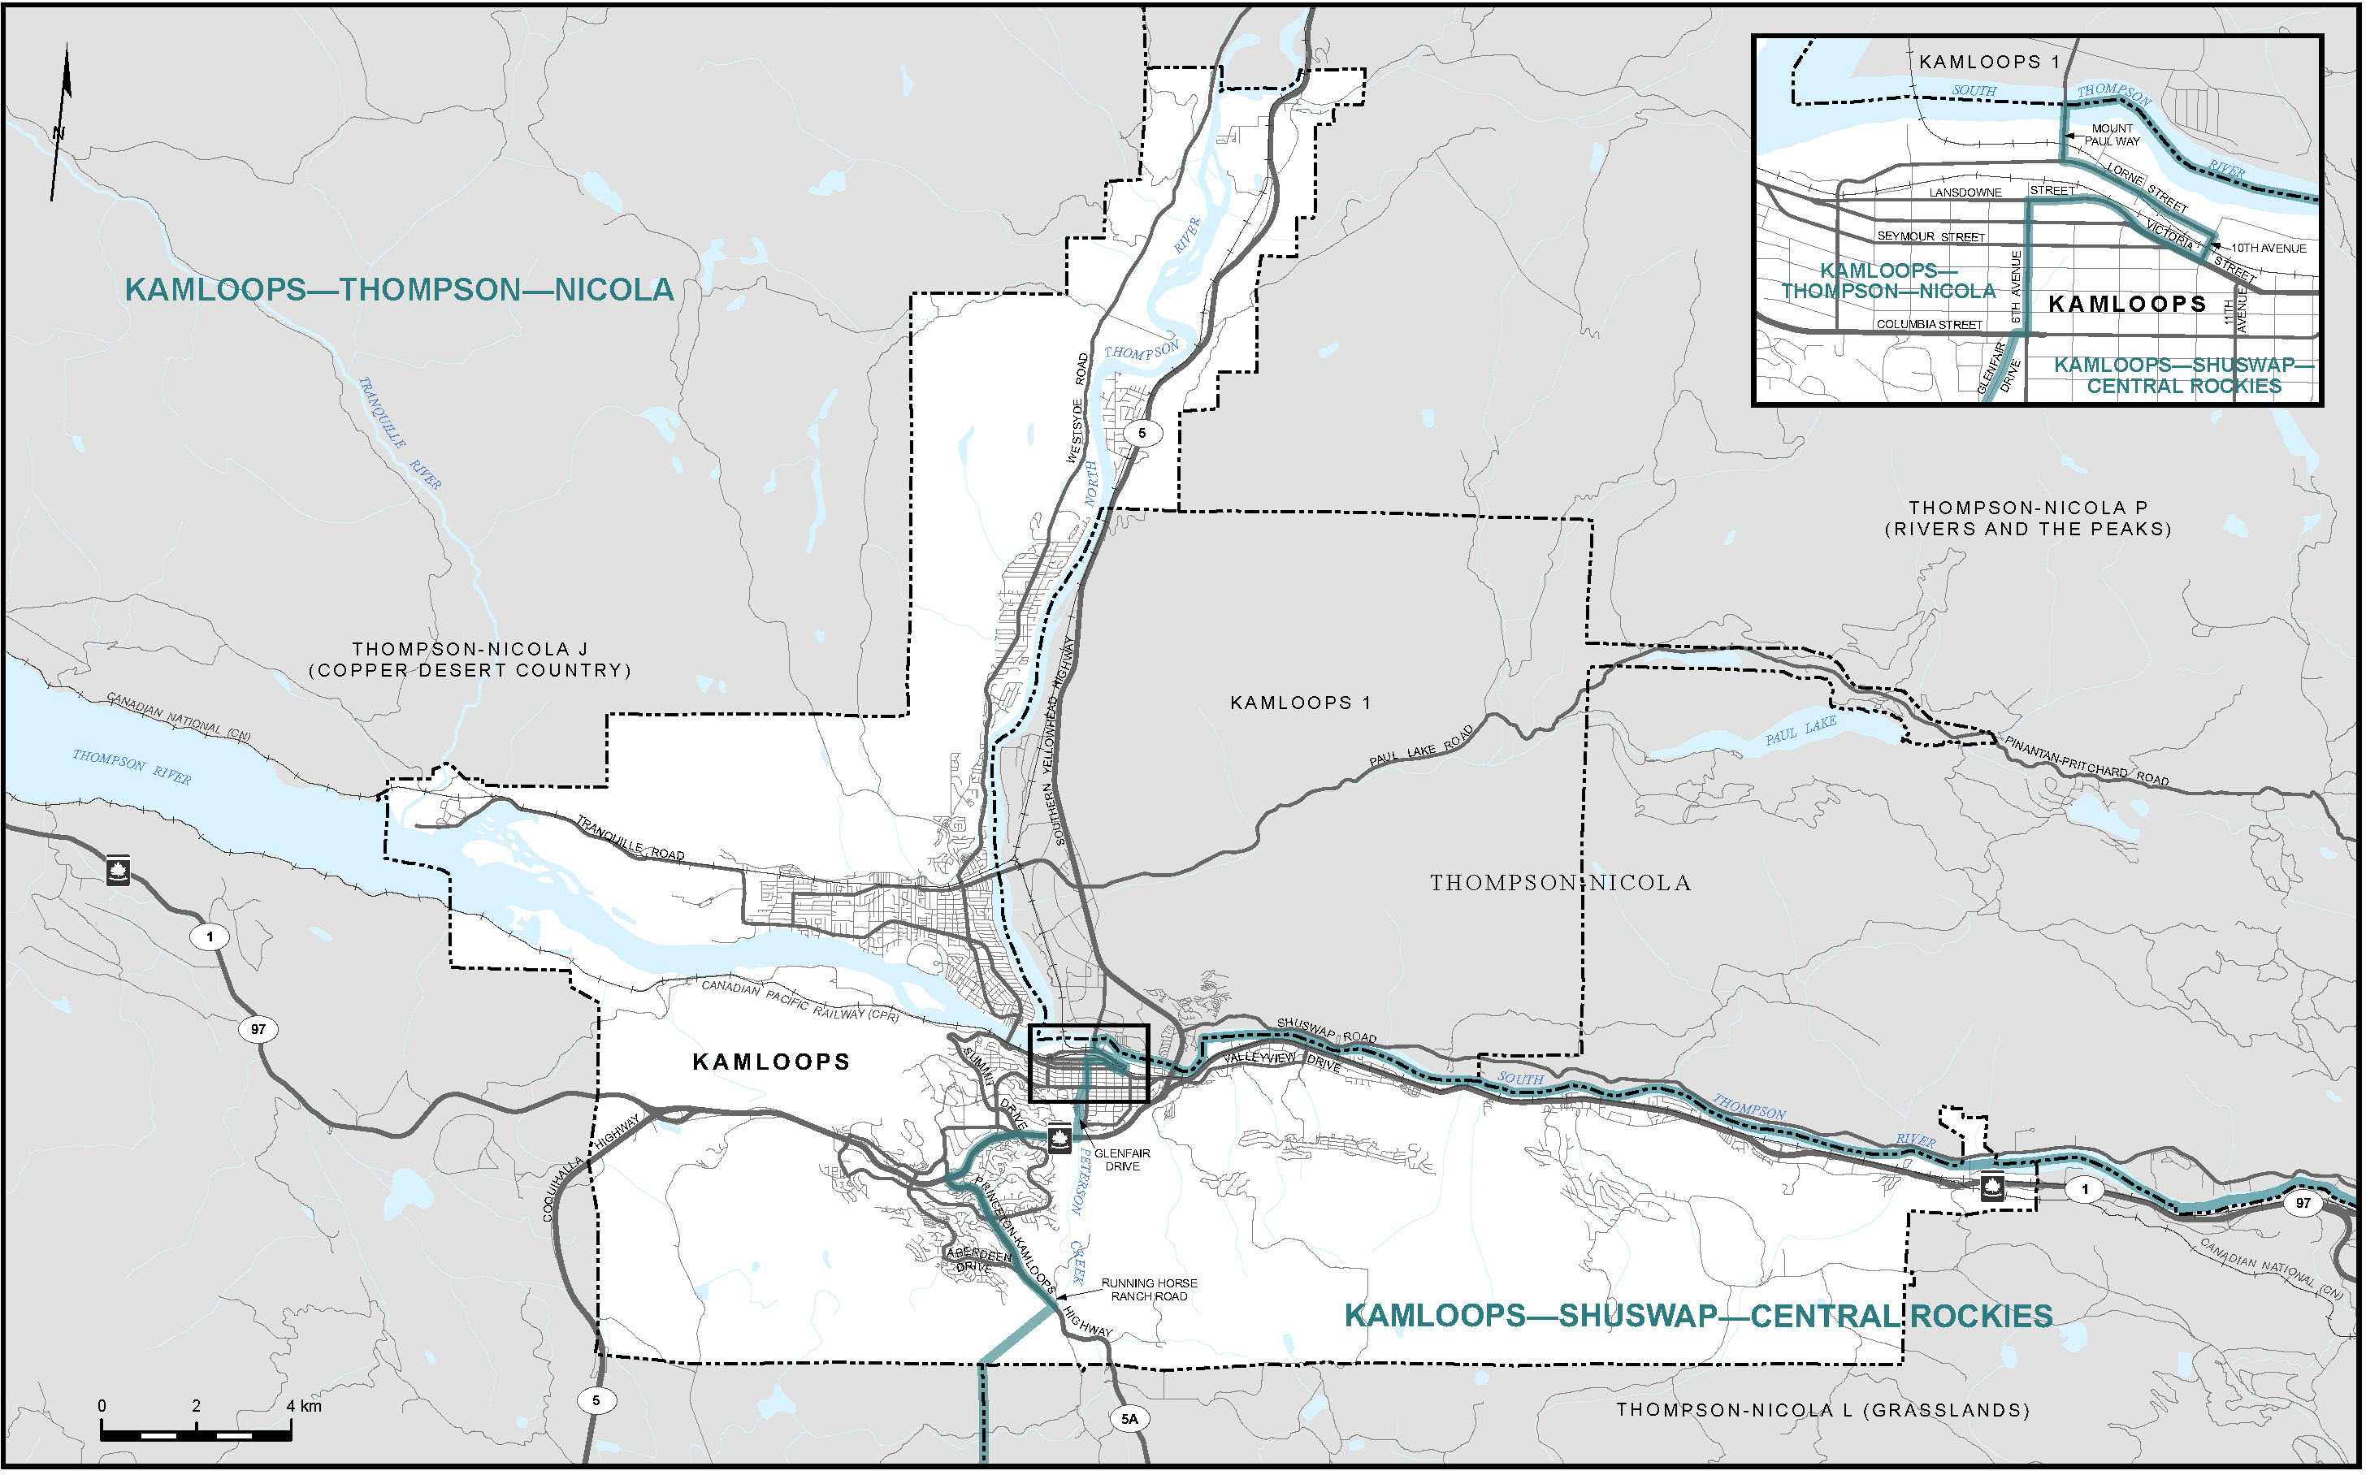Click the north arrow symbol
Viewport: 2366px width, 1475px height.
(62, 122)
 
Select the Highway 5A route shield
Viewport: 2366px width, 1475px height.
(1129, 1418)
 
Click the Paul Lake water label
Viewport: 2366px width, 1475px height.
(1801, 729)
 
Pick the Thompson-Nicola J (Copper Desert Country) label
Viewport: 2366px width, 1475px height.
(470, 660)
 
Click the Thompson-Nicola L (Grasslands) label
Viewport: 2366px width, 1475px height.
(1822, 1410)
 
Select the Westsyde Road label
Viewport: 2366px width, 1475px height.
(1077, 409)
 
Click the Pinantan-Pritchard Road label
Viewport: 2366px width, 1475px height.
(2086, 761)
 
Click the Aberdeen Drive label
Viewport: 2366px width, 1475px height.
(977, 1261)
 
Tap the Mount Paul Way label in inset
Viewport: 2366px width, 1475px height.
(2112, 135)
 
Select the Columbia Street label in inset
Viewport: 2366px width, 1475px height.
(1929, 325)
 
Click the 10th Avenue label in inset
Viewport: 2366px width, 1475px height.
(2268, 249)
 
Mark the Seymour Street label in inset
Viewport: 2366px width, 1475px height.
(1930, 237)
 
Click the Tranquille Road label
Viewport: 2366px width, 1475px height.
(630, 838)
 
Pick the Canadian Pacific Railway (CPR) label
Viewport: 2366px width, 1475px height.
(800, 1000)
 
